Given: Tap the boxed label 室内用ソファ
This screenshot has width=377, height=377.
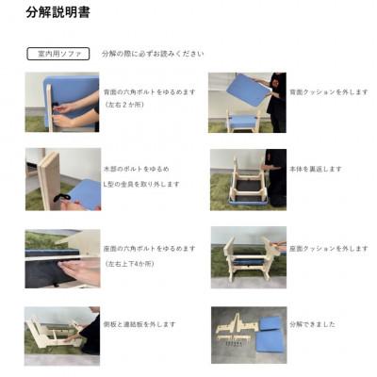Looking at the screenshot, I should coord(58,54).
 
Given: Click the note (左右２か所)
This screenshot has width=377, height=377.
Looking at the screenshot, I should coord(127,105).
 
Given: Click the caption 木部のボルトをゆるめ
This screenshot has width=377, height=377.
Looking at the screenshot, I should coord(136,169).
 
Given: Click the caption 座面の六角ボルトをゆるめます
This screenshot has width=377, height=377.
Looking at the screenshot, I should coord(149,248).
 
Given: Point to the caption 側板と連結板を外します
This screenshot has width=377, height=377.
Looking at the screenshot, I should coord(139,323).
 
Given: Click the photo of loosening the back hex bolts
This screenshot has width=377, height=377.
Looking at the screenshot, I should coord(62,102).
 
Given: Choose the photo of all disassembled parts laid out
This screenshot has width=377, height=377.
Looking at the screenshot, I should coord(248,334).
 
